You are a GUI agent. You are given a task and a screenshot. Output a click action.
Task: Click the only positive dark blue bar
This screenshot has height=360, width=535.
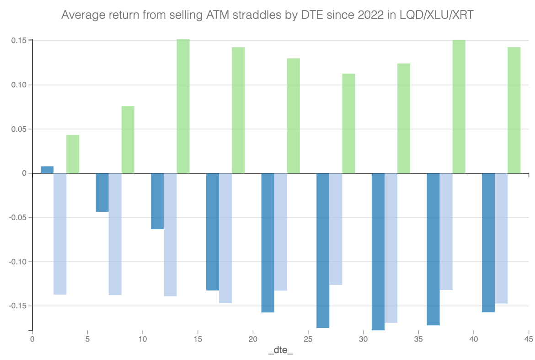[x=47, y=170]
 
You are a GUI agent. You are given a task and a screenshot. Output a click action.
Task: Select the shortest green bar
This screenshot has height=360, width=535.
[x=73, y=154]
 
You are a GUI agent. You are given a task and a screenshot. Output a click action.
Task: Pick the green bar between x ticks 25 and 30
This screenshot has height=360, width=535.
[x=348, y=124]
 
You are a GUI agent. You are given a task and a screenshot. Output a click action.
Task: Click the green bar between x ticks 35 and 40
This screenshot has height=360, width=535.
[x=459, y=107]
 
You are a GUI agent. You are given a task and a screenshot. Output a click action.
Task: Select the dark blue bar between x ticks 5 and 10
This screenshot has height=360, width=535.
[x=102, y=193]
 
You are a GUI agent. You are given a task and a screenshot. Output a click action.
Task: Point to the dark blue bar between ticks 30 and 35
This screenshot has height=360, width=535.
[x=378, y=252]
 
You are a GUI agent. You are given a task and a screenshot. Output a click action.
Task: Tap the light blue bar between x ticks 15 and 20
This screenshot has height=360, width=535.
[x=225, y=238]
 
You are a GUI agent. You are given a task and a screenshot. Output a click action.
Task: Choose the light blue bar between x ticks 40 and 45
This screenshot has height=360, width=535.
[x=501, y=238]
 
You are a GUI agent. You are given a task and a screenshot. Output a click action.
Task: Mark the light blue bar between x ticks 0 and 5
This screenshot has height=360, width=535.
[x=60, y=234]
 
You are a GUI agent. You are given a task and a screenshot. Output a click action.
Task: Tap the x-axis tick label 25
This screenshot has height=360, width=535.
[x=308, y=339]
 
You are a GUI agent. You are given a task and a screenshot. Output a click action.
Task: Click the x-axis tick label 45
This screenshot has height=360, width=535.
[x=529, y=339]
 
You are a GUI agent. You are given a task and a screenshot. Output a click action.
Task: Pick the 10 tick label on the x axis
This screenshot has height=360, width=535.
[x=143, y=339]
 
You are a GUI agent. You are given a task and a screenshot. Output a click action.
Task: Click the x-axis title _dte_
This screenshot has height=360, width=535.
[x=280, y=351]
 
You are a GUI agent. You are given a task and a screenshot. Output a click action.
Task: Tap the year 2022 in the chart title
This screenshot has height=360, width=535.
[x=342, y=16]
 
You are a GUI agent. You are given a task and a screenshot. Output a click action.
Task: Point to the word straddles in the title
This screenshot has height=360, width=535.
[x=248, y=16]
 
